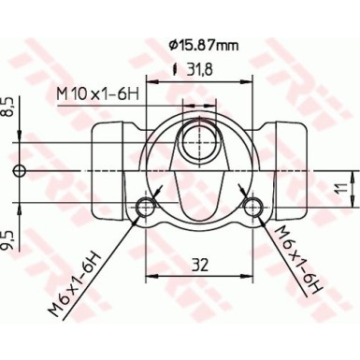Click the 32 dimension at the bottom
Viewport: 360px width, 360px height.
(199, 264)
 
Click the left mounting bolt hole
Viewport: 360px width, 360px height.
(145, 207)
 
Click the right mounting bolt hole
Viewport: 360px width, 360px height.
(252, 207)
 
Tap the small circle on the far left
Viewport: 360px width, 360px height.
(20, 169)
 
